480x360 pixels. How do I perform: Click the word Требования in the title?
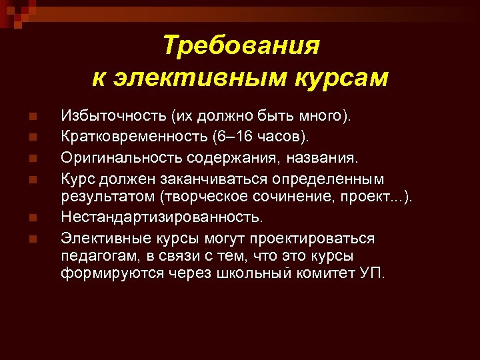click(241, 47)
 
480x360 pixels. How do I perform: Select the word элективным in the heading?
click(183, 79)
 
